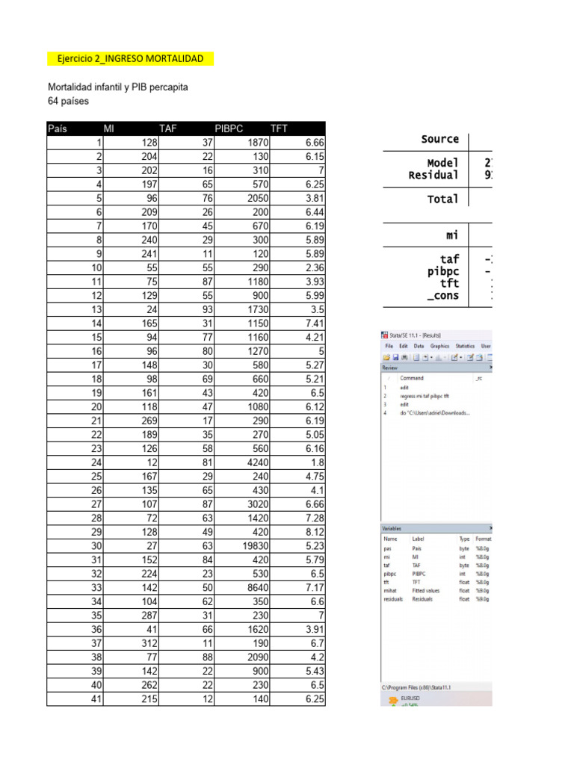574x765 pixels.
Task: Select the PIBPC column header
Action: pyautogui.click(x=229, y=128)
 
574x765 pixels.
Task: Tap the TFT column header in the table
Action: pyautogui.click(x=279, y=128)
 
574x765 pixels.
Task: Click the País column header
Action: pyautogui.click(x=58, y=128)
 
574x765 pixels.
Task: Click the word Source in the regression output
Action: pyautogui.click(x=439, y=139)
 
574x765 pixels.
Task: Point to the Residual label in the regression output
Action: pyautogui.click(x=433, y=175)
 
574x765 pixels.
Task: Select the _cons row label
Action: pyautogui.click(x=442, y=296)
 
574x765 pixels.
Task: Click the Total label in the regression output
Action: pyautogui.click(x=444, y=199)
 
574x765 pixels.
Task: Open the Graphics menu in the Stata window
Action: pyautogui.click(x=439, y=347)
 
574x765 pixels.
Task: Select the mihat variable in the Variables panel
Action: pyautogui.click(x=391, y=589)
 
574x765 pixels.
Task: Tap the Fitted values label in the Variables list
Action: pyautogui.click(x=427, y=589)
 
